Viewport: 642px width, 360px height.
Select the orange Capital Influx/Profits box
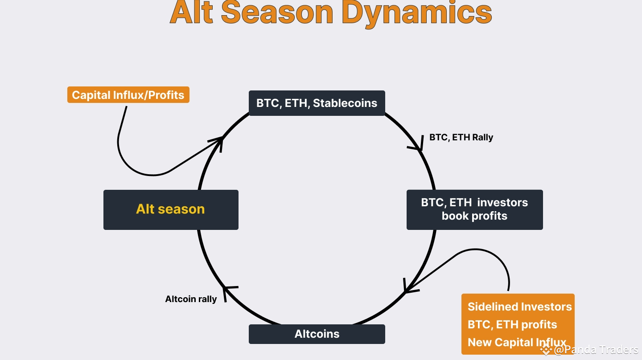click(128, 95)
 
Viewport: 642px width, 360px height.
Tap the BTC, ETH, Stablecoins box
click(317, 103)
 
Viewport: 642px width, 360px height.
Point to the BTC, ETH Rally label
click(461, 137)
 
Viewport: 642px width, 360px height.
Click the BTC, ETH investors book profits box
click(474, 209)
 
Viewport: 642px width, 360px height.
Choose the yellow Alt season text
click(170, 209)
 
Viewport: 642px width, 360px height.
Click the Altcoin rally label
click(191, 299)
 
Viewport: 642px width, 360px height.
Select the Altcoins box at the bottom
click(317, 334)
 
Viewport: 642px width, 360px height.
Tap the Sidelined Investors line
click(519, 307)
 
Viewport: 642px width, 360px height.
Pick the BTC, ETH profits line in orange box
click(512, 324)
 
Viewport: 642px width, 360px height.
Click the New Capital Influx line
click(517, 342)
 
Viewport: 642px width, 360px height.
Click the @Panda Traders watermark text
click(596, 350)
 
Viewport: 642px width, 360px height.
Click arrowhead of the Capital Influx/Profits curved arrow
click(220, 140)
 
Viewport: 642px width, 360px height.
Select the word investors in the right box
click(502, 203)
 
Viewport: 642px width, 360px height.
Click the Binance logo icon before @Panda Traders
click(546, 350)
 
